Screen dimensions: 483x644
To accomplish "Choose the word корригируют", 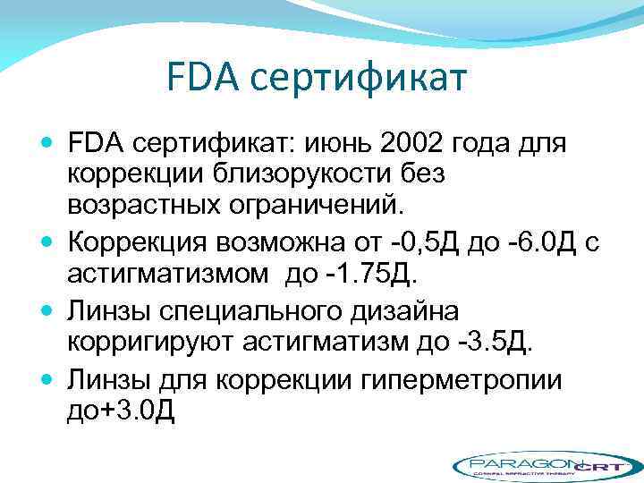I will coord(152,343).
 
